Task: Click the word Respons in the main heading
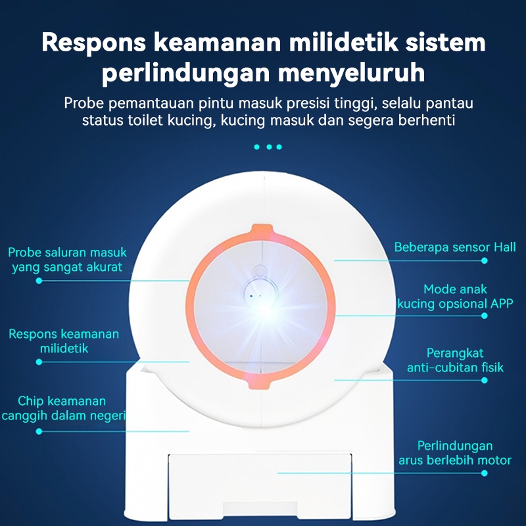[91, 43]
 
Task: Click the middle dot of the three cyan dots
[268, 147]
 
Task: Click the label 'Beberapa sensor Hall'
[455, 247]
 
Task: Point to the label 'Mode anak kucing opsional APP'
[455, 297]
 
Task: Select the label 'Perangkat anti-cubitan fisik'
[455, 360]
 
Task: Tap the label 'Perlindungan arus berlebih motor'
[455, 453]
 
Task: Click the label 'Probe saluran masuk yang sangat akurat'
[68, 260]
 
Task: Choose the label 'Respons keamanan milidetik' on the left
[64, 341]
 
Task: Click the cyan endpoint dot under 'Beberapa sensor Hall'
[485, 260]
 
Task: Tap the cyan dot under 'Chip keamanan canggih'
[39, 431]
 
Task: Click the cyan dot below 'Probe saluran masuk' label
[39, 281]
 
